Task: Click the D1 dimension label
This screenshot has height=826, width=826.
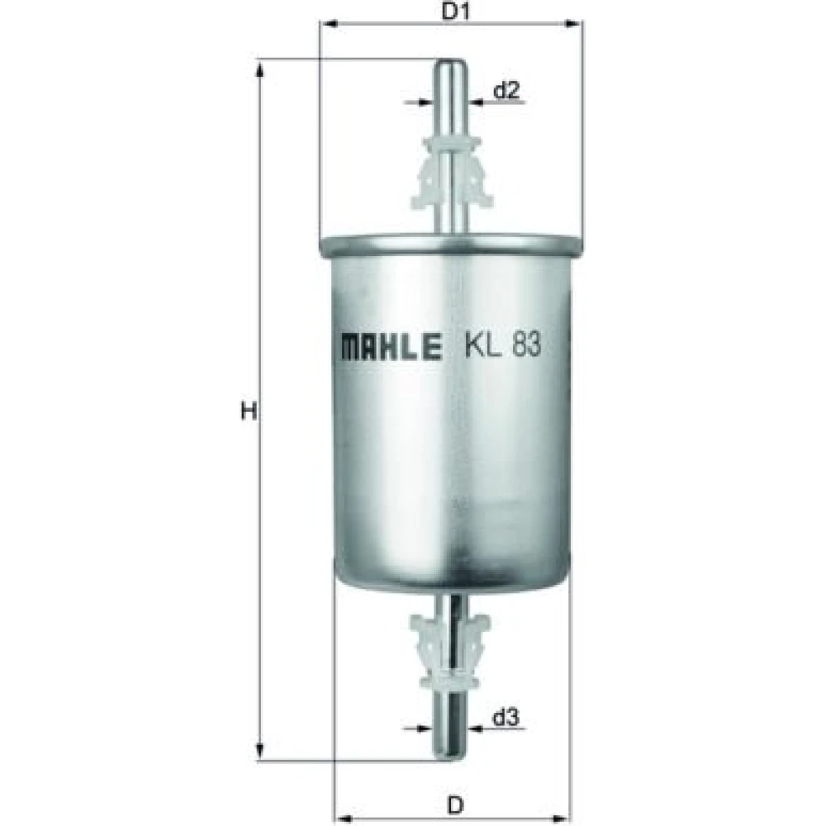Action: [x=455, y=11]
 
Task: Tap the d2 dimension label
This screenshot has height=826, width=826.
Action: [x=506, y=91]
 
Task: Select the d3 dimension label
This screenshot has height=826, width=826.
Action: [x=506, y=717]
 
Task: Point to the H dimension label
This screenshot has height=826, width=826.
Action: [x=249, y=411]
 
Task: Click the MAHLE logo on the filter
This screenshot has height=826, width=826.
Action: [x=392, y=347]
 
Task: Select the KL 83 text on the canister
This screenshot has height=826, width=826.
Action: [x=502, y=345]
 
